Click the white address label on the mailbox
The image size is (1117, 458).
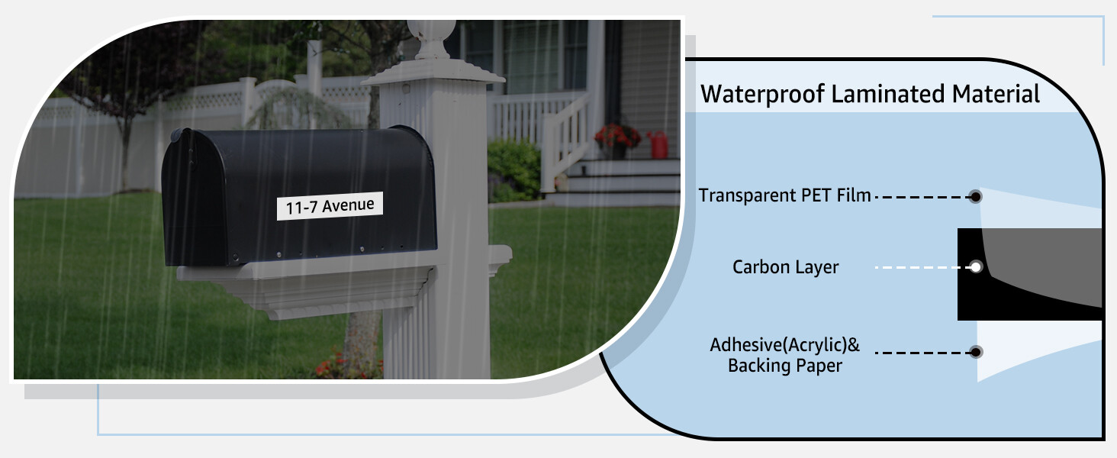tap(330, 205)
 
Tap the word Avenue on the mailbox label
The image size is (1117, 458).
tap(349, 205)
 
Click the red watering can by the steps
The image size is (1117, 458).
tap(658, 144)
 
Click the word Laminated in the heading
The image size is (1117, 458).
tap(888, 94)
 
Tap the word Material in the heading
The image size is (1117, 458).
tap(996, 94)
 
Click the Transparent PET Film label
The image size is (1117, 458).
tap(784, 195)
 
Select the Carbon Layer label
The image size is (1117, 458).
tap(785, 267)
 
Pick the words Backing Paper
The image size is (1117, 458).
tap(785, 366)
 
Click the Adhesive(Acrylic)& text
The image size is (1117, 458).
tap(785, 345)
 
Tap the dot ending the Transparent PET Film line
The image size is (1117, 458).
tap(975, 197)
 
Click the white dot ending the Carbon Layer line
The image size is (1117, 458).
tap(975, 267)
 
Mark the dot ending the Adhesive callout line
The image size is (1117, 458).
tap(976, 352)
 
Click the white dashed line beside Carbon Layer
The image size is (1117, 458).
tap(922, 267)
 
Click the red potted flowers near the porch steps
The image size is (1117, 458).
tap(617, 137)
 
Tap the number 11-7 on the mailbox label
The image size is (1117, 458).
tap(301, 208)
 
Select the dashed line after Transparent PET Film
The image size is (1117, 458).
tap(922, 197)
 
